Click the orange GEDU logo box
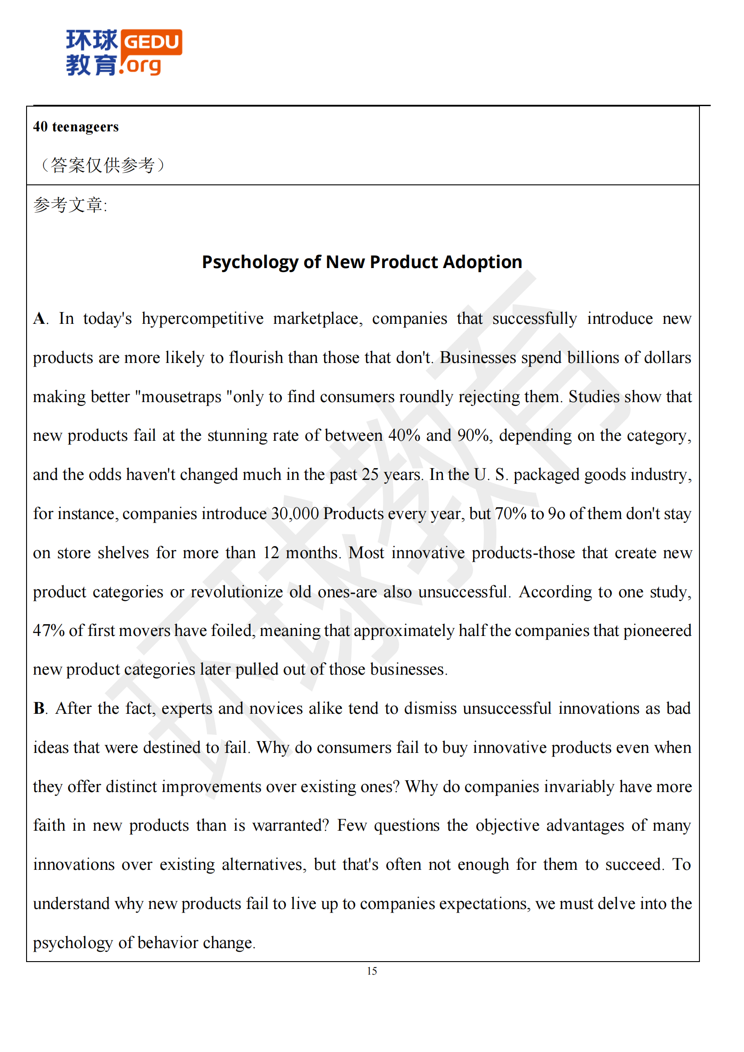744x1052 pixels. pos(152,42)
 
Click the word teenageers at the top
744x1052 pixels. pos(85,127)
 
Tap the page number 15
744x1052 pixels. pos(372,971)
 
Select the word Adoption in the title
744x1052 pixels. pos(482,262)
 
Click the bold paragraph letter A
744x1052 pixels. pos(40,318)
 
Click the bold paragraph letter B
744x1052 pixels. pos(39,708)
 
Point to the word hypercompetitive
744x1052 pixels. pos(202,318)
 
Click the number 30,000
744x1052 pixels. pos(295,514)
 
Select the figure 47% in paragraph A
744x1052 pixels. pos(49,631)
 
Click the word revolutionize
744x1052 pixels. pos(237,592)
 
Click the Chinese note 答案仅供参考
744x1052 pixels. pos(103,165)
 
